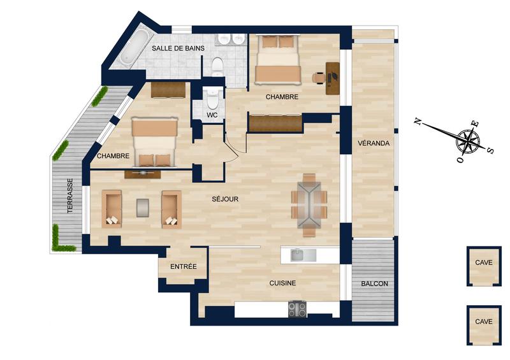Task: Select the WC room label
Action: (x=213, y=115)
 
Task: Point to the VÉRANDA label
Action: (x=373, y=143)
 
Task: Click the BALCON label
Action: (x=374, y=284)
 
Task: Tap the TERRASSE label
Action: (x=69, y=198)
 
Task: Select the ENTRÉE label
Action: (x=183, y=266)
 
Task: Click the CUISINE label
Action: (x=282, y=283)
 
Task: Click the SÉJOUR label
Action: (x=225, y=199)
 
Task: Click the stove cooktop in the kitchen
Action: (x=297, y=310)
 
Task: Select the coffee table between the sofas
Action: (x=143, y=207)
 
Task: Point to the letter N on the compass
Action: (x=418, y=121)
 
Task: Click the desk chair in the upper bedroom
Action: (x=319, y=77)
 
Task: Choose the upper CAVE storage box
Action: (x=483, y=263)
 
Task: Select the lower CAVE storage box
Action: (x=483, y=322)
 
